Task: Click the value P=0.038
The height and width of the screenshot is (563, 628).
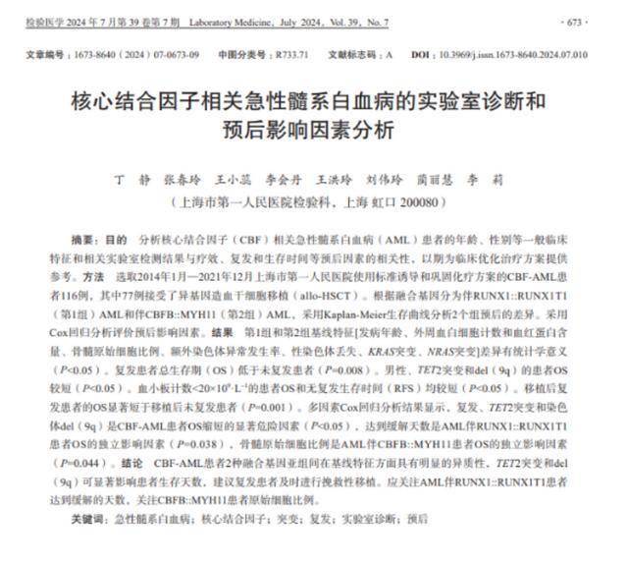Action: coord(222,443)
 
